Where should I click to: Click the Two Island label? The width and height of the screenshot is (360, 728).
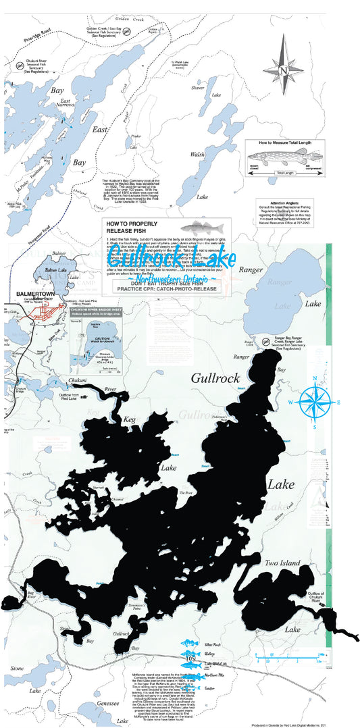282,563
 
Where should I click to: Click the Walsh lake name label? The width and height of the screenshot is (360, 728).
197,155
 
